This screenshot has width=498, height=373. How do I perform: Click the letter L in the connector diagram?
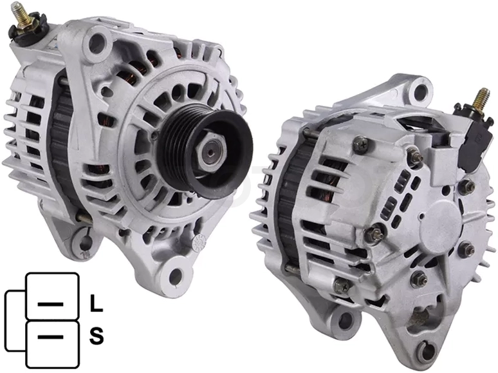coord(97,303)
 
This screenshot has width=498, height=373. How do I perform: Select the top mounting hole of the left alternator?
coord(97,41)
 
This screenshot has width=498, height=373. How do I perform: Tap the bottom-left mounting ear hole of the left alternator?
coord(84,244)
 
